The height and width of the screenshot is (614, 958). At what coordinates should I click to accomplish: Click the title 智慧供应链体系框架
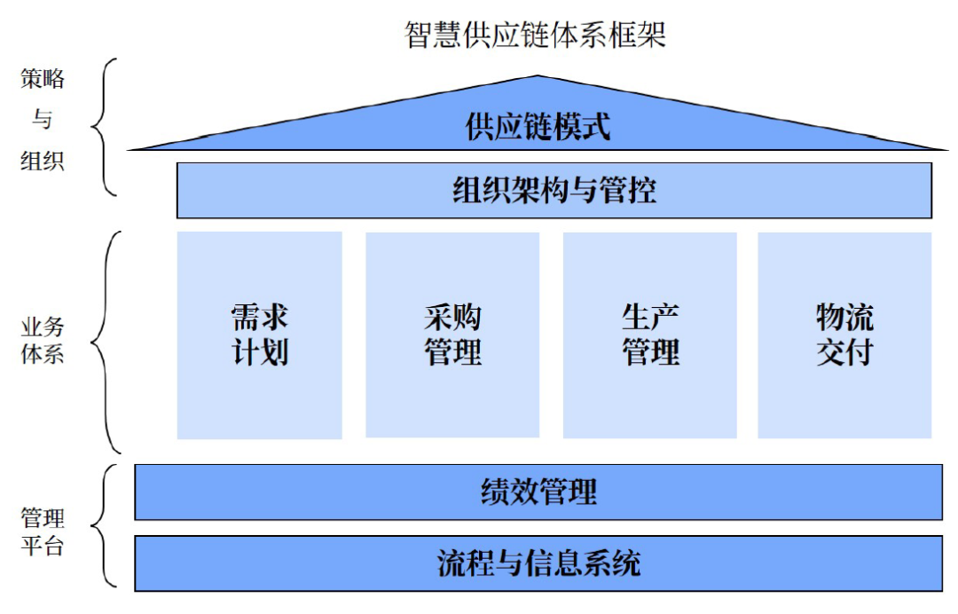535,35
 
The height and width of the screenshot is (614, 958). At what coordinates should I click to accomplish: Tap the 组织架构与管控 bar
554,190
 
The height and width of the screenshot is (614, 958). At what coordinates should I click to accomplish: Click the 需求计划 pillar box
260,335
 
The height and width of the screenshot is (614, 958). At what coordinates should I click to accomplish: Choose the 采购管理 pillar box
452,335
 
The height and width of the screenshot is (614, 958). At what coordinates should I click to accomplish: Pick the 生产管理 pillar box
650,335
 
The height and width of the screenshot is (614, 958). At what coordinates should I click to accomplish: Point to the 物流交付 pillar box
845,335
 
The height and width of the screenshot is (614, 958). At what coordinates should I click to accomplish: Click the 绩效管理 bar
538,492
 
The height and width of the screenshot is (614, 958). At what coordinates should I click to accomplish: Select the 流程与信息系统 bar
538,563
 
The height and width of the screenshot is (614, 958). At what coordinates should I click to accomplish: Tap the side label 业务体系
43,341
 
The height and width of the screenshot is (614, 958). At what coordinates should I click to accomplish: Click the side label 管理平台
43,531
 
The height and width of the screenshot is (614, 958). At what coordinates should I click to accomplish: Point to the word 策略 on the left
43,79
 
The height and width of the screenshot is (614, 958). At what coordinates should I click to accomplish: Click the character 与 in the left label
43,118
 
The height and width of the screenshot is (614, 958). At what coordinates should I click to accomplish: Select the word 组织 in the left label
43,161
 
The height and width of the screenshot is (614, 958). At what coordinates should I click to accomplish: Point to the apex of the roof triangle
538,75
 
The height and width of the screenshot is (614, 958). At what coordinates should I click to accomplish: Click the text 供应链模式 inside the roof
538,127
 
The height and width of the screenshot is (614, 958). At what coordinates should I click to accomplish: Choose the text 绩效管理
538,492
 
